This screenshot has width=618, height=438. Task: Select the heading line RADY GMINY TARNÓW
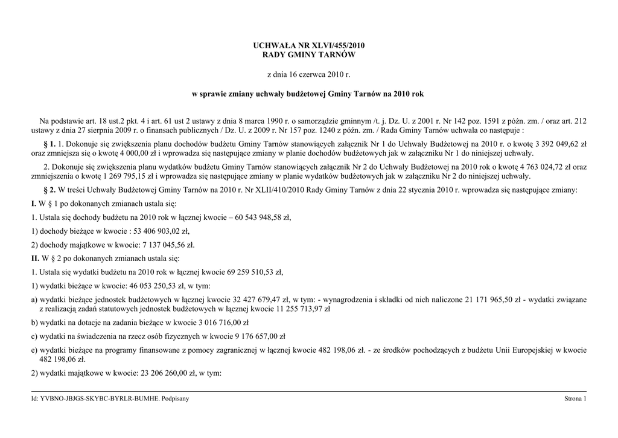tap(308, 55)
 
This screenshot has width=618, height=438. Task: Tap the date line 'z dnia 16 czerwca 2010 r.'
tap(308, 75)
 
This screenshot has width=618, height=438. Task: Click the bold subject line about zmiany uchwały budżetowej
tap(308, 95)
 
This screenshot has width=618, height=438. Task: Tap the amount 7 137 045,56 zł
tap(169, 245)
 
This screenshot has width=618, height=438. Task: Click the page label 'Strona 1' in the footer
tap(575, 399)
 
